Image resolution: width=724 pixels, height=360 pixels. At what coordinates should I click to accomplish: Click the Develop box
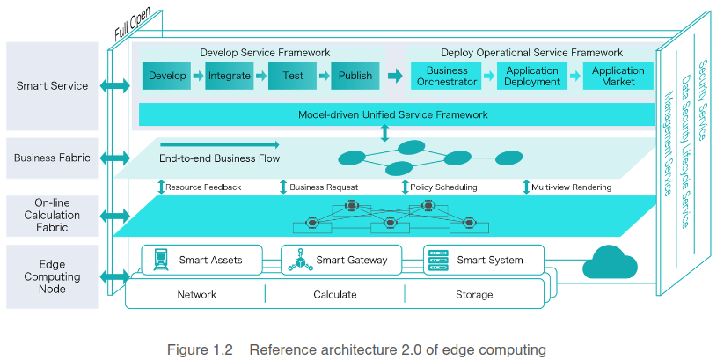point(167,77)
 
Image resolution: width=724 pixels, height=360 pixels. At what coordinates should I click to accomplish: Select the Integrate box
point(230,77)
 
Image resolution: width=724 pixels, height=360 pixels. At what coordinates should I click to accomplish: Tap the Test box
point(293,77)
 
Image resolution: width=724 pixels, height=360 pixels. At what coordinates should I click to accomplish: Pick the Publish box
point(355,77)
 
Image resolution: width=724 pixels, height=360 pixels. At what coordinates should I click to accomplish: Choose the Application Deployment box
point(532,77)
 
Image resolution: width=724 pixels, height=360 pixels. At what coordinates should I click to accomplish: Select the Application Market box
point(618,77)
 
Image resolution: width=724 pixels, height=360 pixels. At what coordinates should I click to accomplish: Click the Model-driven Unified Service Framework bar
point(392,114)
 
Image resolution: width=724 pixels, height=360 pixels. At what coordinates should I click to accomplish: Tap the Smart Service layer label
point(52,86)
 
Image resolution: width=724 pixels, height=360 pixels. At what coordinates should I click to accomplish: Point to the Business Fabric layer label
point(52,158)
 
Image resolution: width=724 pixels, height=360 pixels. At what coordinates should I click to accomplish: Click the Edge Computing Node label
point(52,276)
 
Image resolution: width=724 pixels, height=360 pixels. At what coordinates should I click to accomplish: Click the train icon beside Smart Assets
point(161,260)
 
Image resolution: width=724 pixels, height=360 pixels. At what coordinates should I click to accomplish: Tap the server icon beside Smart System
point(436,260)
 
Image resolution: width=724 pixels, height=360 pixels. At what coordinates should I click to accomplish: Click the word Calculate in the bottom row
point(334,295)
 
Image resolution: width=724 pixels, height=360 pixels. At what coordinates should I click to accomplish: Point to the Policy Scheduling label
point(445,187)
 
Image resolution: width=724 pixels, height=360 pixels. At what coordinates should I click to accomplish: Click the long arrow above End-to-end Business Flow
point(219,144)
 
